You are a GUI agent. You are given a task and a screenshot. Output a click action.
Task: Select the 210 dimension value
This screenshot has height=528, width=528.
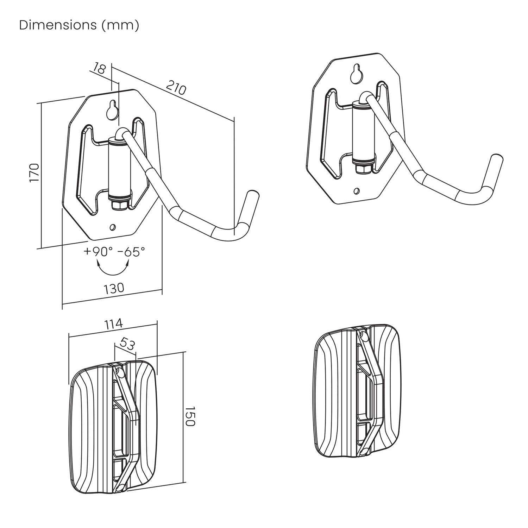[175, 88]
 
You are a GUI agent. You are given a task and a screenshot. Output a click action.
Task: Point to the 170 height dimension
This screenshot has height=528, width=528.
[34, 172]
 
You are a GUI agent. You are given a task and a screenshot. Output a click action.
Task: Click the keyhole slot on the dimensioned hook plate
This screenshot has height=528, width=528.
[113, 110]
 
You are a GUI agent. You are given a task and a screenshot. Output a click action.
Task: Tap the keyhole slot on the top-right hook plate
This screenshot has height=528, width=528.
[357, 73]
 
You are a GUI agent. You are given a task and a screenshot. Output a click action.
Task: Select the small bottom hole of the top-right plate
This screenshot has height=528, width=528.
[357, 191]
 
